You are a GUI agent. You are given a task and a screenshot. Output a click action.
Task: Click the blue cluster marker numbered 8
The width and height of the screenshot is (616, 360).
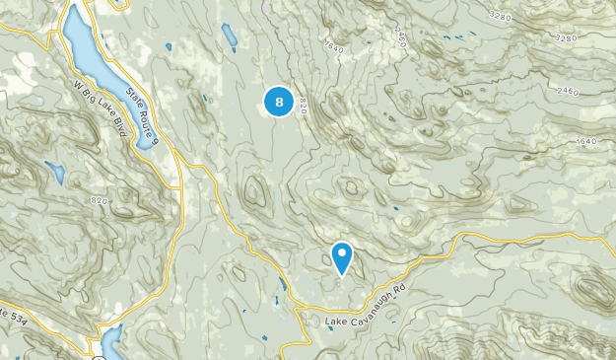[x=279, y=101]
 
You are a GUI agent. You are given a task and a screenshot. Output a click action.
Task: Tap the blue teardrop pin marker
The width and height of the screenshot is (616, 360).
[x=342, y=257]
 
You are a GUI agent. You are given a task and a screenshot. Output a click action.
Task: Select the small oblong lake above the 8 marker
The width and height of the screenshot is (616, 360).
[x=230, y=36]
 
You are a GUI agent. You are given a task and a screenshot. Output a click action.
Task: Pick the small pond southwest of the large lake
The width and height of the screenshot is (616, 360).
[x=54, y=174]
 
